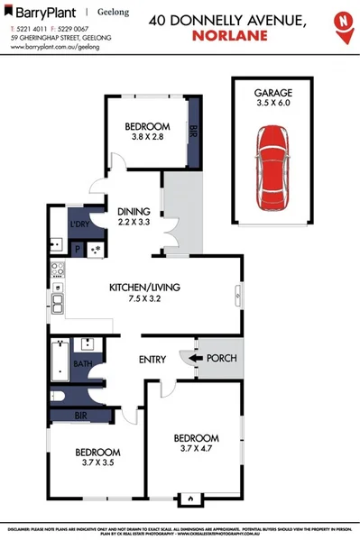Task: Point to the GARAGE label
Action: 273,92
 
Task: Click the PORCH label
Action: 222,359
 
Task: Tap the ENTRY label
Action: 152,361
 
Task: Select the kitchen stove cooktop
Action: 57,269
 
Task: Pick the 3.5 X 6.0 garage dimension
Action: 273,104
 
